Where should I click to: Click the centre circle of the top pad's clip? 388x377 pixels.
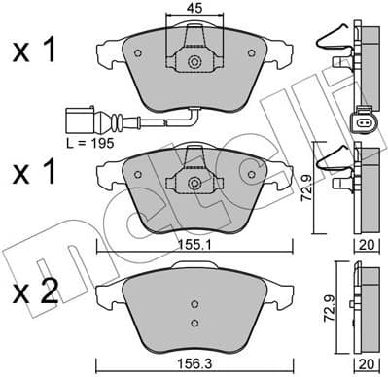194,63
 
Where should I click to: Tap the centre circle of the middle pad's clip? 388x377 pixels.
194,181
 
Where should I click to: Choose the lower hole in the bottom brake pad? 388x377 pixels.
194,323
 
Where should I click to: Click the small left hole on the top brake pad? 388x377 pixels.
139,57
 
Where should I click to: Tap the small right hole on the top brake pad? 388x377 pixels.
250,57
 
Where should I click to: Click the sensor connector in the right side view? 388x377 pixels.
361,122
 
